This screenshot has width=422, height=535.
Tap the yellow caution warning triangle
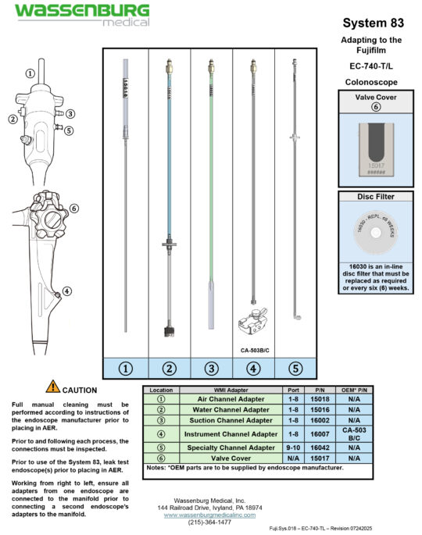tap(53, 386)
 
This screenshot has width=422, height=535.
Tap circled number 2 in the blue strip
tap(168, 369)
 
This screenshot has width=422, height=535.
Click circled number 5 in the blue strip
tap(295, 369)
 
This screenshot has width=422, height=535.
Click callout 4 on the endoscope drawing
tap(67, 291)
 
